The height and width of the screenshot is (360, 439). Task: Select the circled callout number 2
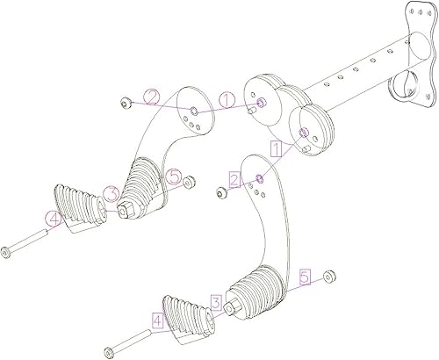tap(152, 97)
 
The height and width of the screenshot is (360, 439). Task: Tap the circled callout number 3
tap(112, 192)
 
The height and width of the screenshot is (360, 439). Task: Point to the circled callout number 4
tap(54, 220)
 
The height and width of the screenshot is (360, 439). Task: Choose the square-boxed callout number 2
tap(234, 179)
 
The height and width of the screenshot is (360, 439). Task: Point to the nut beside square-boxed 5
tap(329, 277)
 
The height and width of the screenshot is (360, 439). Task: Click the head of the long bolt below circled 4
tap(8, 254)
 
